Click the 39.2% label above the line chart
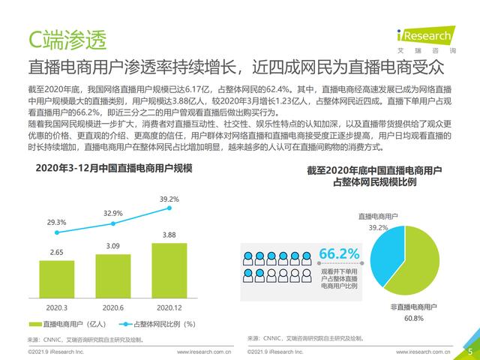click(169, 199)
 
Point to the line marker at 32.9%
click(113, 223)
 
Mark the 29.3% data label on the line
click(56, 223)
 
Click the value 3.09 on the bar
click(112, 246)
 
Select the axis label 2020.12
click(169, 307)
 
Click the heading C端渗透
click(67, 37)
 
